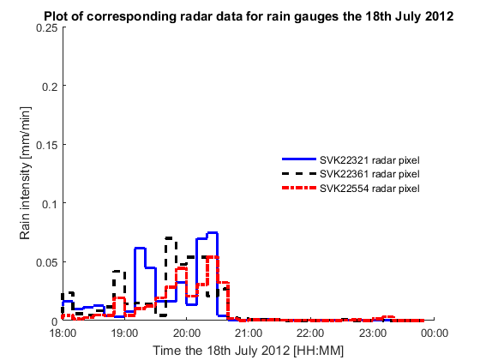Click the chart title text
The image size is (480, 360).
249,16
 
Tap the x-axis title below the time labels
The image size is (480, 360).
249,351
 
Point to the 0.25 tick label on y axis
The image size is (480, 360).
47,27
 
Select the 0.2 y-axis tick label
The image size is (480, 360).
50,87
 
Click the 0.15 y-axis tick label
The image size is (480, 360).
47,145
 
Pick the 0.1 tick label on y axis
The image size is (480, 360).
50,204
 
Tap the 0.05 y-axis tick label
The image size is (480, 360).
47,262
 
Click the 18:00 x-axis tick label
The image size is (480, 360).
63,333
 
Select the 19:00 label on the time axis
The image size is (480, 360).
125,333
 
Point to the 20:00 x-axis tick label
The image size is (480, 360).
187,333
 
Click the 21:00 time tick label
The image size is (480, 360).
249,333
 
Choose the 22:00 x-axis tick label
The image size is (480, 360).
310,333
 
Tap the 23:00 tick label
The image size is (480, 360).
372,333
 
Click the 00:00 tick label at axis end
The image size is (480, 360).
435,333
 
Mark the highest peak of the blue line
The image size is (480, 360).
213,232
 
